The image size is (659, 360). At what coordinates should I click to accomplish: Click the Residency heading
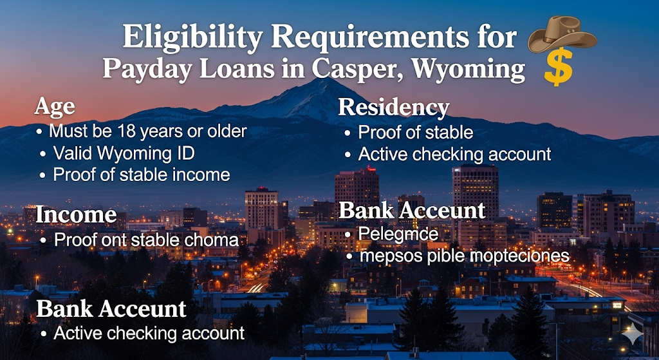[x=393, y=108]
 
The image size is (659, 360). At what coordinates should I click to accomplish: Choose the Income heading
[x=76, y=214]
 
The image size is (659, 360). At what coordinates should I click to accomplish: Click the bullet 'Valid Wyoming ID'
[x=124, y=153]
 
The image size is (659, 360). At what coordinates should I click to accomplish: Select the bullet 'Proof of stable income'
[x=142, y=175]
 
